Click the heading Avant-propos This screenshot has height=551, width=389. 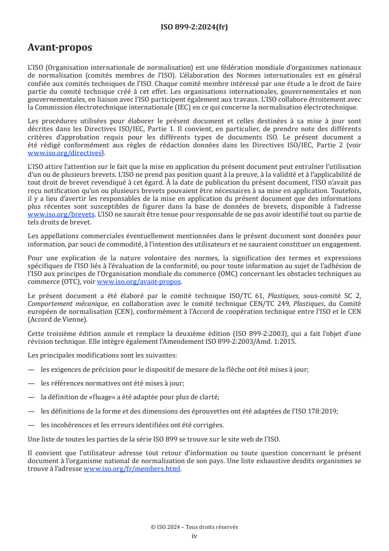click(59, 48)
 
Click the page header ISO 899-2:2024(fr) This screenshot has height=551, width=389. click(194, 27)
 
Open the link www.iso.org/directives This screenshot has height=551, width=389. click(66, 153)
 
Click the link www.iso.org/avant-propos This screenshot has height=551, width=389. click(139, 282)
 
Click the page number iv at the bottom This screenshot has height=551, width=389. click(194, 536)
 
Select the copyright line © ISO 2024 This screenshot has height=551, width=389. click(194, 527)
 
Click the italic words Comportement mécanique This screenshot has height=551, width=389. click(60, 303)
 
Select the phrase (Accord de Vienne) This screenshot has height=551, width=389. click(57, 320)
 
